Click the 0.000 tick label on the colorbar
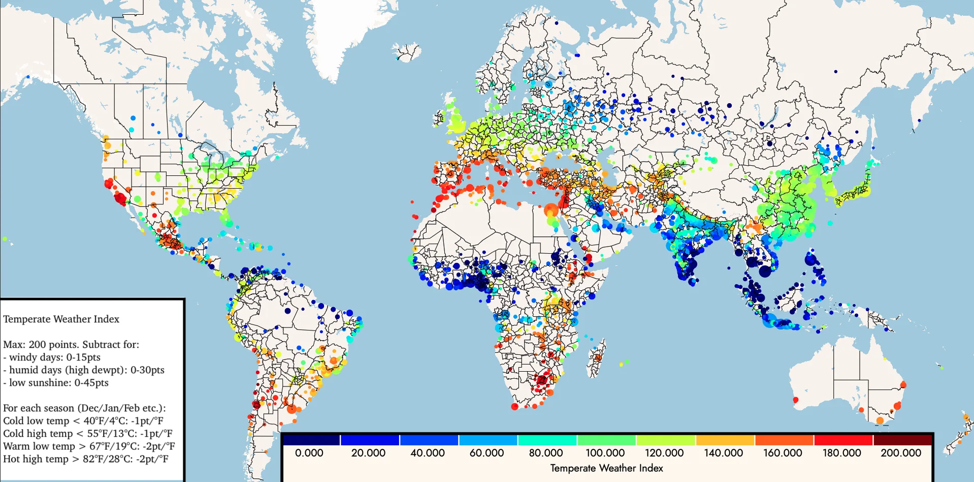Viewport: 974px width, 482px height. coord(309,453)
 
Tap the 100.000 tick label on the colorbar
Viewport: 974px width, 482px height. coord(605,453)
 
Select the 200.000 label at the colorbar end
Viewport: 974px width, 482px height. coord(900,453)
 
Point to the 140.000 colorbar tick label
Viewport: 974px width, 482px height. coord(723,453)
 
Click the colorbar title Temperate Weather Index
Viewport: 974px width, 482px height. coord(606,468)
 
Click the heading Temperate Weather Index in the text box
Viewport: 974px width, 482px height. coord(61,319)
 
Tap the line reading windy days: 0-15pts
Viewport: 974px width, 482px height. coord(54,357)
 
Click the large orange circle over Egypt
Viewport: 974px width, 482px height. coord(551,209)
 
